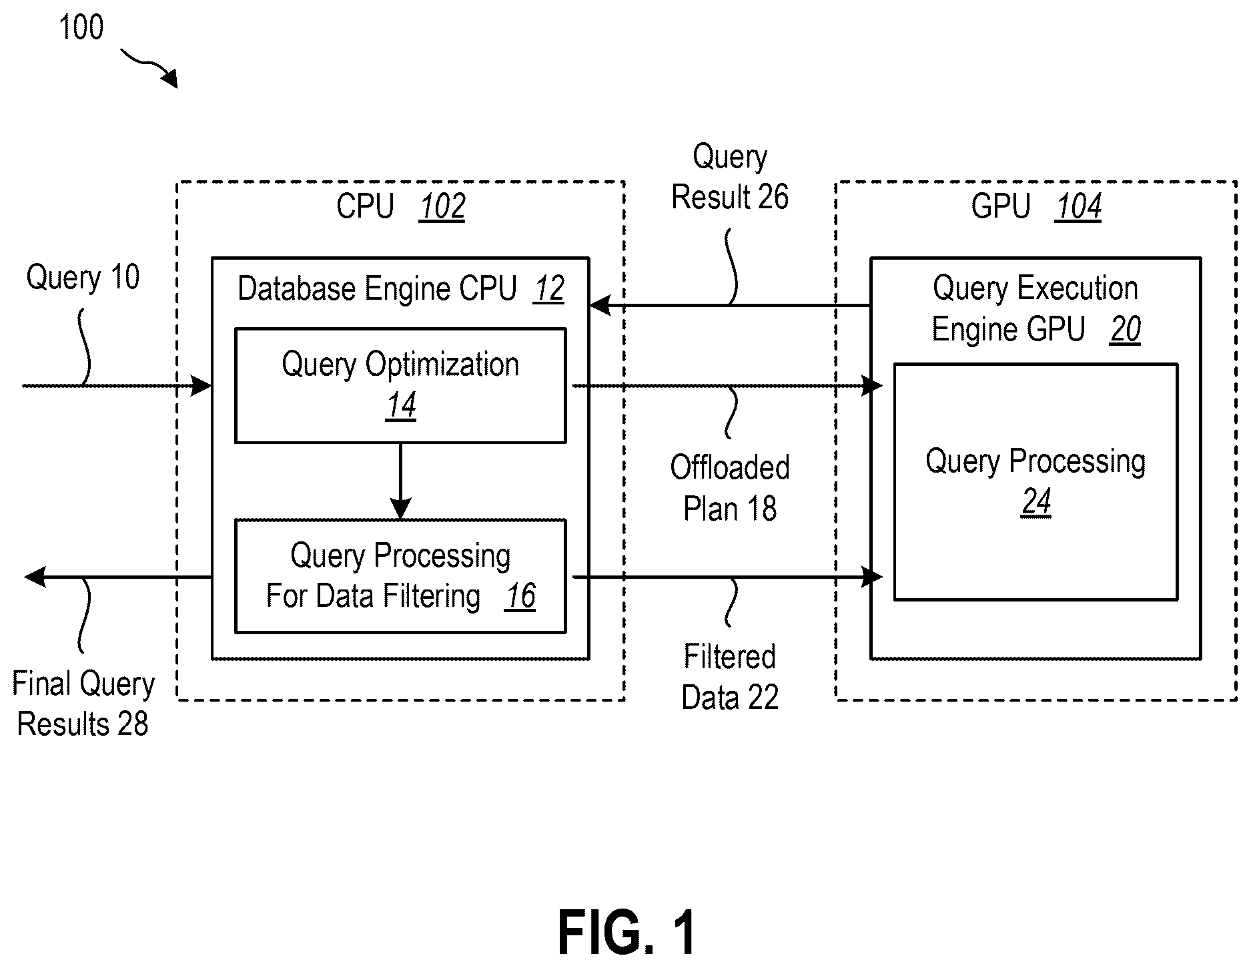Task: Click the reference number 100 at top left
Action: click(x=81, y=28)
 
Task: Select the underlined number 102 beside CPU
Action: click(x=442, y=206)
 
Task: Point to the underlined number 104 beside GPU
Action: click(x=1078, y=206)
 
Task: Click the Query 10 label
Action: click(x=83, y=277)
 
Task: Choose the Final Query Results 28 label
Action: click(x=83, y=704)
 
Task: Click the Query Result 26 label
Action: click(x=730, y=177)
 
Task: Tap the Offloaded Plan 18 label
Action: click(x=730, y=488)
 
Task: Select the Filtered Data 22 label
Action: click(x=730, y=677)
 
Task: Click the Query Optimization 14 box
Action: click(x=400, y=385)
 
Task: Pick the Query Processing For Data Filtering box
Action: click(x=400, y=576)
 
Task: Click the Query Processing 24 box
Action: click(x=1035, y=482)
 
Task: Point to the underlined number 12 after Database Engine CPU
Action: click(x=548, y=289)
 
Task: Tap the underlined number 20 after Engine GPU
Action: click(x=1126, y=329)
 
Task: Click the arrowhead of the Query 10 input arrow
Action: click(x=201, y=385)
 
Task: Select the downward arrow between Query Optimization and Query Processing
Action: click(x=400, y=481)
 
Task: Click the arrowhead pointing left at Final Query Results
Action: click(x=35, y=576)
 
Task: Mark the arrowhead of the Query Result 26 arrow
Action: click(x=600, y=306)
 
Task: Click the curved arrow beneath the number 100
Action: click(x=151, y=67)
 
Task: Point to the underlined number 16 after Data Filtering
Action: click(x=520, y=596)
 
